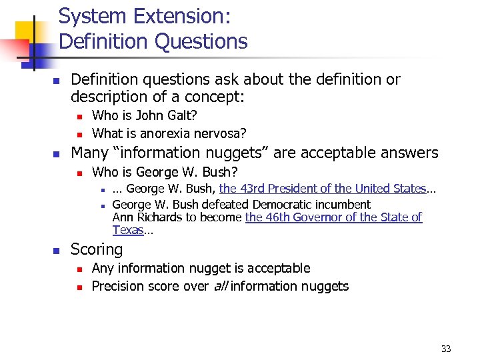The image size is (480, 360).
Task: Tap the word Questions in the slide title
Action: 201,41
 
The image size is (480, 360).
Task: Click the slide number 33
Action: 446,349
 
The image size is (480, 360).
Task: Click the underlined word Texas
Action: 128,230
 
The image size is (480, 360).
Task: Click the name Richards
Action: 163,217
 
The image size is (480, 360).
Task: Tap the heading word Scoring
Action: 97,249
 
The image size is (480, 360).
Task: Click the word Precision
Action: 119,286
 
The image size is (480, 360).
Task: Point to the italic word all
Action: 221,286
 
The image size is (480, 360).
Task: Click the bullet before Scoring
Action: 56,251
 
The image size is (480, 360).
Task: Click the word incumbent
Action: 339,205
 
